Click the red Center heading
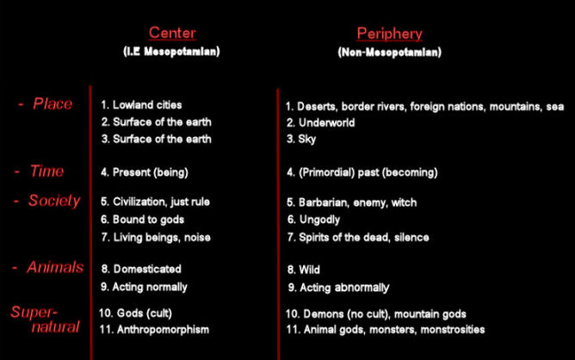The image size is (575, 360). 172,33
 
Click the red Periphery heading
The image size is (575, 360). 389,34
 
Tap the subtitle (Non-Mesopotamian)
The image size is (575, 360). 389,53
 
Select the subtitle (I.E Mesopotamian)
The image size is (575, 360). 171,51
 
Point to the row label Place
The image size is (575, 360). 53,104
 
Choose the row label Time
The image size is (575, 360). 46,171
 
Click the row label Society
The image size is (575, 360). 54,201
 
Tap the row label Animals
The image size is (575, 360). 55,267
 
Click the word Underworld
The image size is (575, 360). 327,122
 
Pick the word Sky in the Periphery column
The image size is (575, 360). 307,140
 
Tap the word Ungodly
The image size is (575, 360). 319,220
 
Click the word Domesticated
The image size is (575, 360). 147,269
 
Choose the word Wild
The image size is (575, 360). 310,270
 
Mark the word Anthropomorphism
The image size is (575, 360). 163,330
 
